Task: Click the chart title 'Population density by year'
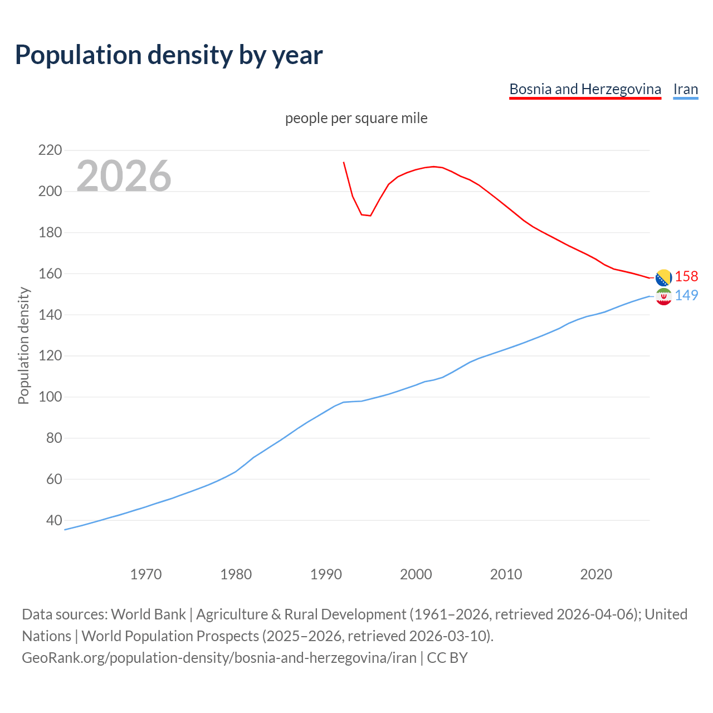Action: tap(169, 55)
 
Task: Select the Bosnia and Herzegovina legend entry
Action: tap(585, 89)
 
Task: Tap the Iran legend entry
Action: tap(685, 89)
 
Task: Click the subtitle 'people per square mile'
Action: tap(356, 118)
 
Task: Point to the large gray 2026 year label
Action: tap(124, 176)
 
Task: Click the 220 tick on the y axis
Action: tap(50, 150)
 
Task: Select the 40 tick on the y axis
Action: tap(53, 520)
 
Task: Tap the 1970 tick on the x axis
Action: tap(146, 574)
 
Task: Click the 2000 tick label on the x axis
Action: tap(416, 574)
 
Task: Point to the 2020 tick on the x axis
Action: tap(596, 574)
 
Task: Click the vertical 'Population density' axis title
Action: tap(23, 345)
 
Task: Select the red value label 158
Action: tap(686, 277)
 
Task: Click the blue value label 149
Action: tap(686, 295)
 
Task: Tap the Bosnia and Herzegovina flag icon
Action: tap(663, 277)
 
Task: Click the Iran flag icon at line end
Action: tap(663, 296)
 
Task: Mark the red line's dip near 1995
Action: tap(370, 216)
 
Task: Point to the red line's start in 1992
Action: tap(344, 162)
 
